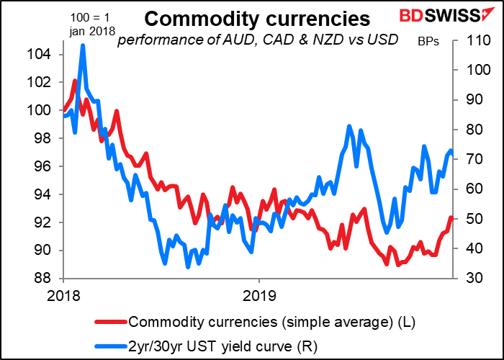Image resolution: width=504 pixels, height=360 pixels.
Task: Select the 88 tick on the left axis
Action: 45,279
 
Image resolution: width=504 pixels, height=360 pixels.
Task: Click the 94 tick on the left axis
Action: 45,194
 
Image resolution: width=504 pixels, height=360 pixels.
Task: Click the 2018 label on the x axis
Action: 63,294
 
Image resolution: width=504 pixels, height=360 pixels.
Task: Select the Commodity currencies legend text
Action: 271,320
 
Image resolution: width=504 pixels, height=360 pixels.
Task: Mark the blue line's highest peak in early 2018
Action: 83,45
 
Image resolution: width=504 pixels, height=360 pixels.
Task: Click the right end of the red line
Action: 451,217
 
